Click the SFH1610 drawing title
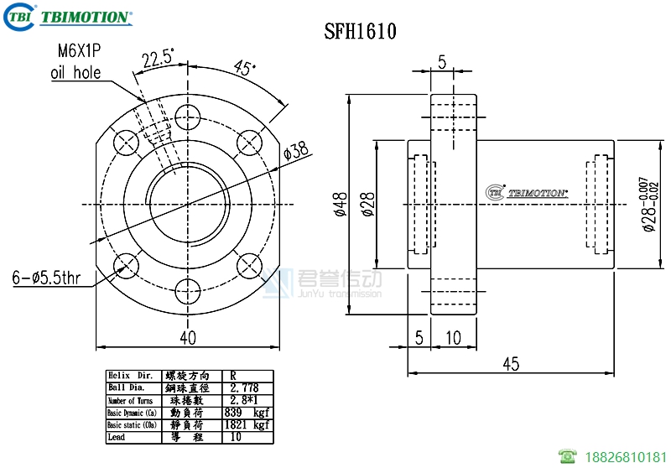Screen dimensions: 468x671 click(360, 32)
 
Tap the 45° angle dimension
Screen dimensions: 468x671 click(244, 69)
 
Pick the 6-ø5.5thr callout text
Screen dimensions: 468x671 click(46, 276)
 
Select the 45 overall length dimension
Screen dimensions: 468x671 click(511, 363)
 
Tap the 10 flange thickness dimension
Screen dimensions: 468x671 click(453, 337)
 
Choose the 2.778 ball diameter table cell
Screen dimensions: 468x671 click(245, 387)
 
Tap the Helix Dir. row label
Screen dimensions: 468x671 click(131, 376)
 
